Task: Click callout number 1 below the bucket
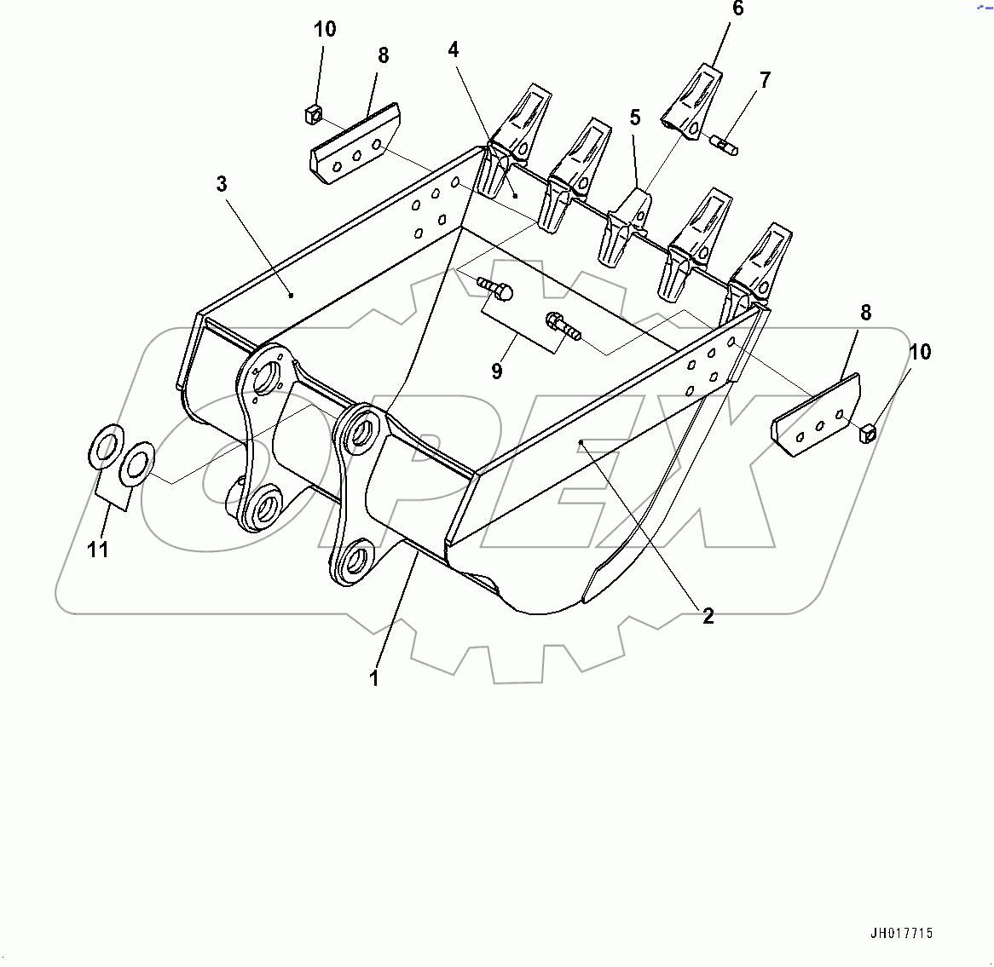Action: pyautogui.click(x=373, y=678)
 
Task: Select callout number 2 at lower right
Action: pyautogui.click(x=708, y=615)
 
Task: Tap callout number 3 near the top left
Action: pyautogui.click(x=222, y=184)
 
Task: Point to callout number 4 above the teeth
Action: pyautogui.click(x=454, y=49)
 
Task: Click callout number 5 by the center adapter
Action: pyautogui.click(x=635, y=118)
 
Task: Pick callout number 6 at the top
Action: pyautogui.click(x=738, y=9)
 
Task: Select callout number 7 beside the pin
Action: pyautogui.click(x=765, y=80)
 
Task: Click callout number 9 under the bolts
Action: pyautogui.click(x=497, y=371)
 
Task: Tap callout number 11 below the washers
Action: pyautogui.click(x=98, y=550)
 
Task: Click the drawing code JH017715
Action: pyautogui.click(x=902, y=934)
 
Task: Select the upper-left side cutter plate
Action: pyautogui.click(x=355, y=144)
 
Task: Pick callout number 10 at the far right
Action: pyautogui.click(x=920, y=352)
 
